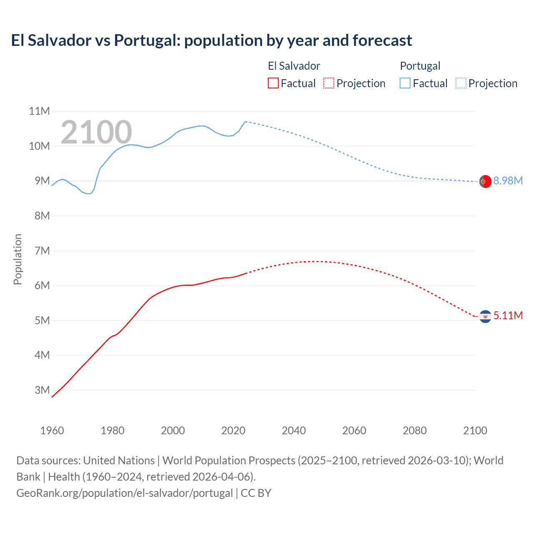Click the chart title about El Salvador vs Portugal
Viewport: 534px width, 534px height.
coord(212,40)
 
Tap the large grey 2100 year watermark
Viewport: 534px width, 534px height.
coord(96,132)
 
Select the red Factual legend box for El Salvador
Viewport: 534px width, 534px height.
coord(273,83)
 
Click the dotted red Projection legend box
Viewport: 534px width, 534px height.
coord(329,83)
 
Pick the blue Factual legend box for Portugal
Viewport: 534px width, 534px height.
coord(405,83)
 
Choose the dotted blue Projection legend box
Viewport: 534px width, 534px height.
coord(461,83)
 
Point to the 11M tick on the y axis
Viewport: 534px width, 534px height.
coord(39,111)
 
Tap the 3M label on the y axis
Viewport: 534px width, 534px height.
coord(42,390)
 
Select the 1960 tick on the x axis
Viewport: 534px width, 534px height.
coord(52,431)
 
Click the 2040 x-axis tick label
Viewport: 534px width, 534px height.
coord(294,431)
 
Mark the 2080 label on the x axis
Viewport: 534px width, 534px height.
coord(415,431)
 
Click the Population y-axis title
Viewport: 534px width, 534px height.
coord(18,259)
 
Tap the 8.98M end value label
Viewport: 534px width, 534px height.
coord(508,181)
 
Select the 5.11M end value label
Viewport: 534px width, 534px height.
coord(508,315)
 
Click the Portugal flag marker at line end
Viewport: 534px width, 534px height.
coord(485,181)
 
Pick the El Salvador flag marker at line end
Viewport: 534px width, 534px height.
coord(485,317)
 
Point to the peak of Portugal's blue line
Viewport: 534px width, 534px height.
coord(245,121)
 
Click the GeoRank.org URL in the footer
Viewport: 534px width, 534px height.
coord(124,493)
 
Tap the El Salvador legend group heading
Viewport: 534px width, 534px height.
coord(294,66)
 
